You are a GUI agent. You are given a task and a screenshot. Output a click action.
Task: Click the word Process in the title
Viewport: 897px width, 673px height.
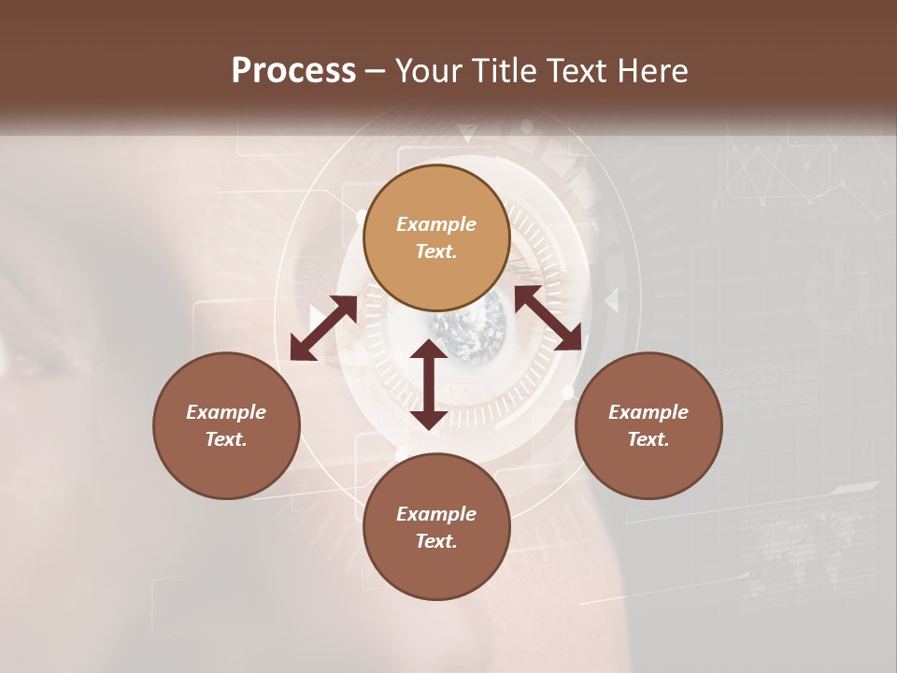click(293, 71)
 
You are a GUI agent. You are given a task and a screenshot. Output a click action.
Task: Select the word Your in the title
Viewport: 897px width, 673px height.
click(425, 71)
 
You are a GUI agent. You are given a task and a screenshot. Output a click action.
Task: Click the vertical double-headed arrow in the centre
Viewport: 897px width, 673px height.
click(429, 384)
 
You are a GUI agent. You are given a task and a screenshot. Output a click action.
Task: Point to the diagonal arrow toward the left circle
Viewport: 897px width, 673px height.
click(323, 328)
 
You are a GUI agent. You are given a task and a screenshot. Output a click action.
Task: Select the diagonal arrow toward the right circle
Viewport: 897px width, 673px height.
click(548, 318)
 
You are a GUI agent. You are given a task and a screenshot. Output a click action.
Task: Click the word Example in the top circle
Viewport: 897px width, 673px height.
click(436, 224)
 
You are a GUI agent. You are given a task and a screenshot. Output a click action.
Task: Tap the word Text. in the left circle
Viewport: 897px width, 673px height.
click(226, 439)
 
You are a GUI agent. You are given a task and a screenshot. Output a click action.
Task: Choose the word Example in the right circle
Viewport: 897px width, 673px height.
click(648, 412)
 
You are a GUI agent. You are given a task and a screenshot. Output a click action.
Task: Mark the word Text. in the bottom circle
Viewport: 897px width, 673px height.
click(436, 541)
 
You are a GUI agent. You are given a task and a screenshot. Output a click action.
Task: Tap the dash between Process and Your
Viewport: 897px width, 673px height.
click(375, 71)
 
